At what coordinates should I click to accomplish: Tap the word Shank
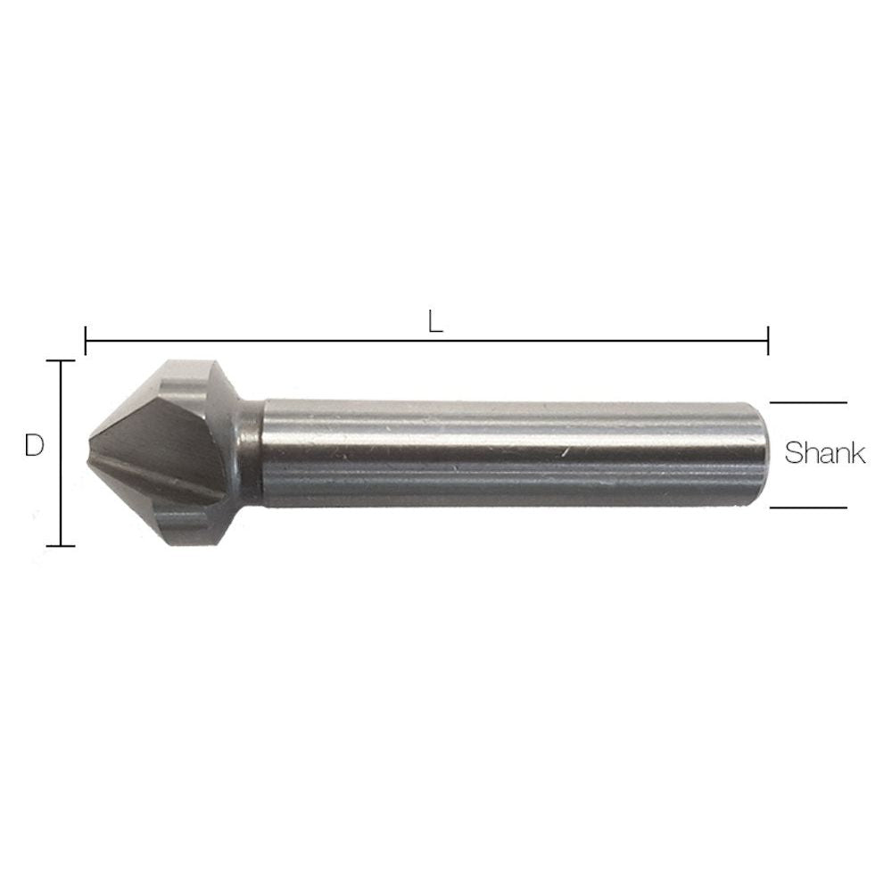click(x=824, y=453)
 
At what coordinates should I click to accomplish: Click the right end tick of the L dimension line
click(x=768, y=340)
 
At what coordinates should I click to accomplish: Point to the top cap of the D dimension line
click(x=60, y=361)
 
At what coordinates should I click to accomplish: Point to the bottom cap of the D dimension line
click(x=60, y=545)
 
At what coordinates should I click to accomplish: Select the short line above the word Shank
click(x=808, y=403)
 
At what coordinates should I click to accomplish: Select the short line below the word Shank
click(x=808, y=508)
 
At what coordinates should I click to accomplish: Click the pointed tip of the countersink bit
click(x=93, y=452)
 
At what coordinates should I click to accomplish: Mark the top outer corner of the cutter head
click(x=192, y=362)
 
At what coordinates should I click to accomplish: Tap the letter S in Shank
click(x=793, y=453)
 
